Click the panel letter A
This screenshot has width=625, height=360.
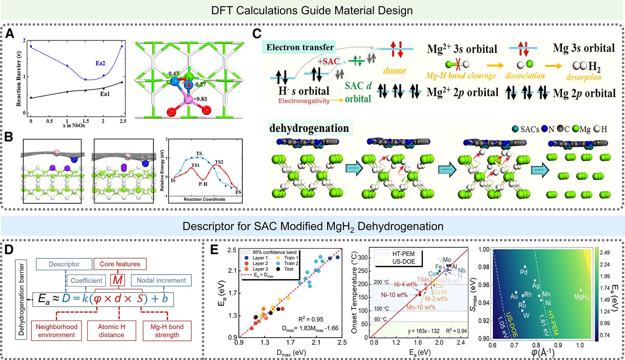coord(10,34)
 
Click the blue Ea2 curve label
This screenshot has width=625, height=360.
coord(100,63)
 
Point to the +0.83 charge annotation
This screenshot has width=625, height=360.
coord(200,99)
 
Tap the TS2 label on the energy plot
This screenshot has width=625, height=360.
coord(219,162)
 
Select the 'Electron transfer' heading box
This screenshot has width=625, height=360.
coord(300,47)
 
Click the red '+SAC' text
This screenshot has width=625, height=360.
coord(328,62)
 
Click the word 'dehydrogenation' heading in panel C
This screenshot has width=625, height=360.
coord(309,128)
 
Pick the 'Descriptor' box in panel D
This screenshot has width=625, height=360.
coord(64,264)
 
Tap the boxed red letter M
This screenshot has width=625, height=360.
coord(118,280)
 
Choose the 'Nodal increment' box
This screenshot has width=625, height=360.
coord(161,280)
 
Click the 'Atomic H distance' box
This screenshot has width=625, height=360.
coord(111,330)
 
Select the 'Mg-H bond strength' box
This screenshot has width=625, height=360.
coord(167,330)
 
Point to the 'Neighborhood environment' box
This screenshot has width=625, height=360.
coord(57,330)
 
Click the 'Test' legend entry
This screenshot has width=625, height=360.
coord(289,269)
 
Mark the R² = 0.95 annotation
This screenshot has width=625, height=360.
coord(311,319)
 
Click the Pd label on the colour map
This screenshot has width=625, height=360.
coord(524,272)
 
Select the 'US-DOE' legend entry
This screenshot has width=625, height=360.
coord(403,262)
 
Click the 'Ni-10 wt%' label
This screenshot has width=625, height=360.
coord(394,295)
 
